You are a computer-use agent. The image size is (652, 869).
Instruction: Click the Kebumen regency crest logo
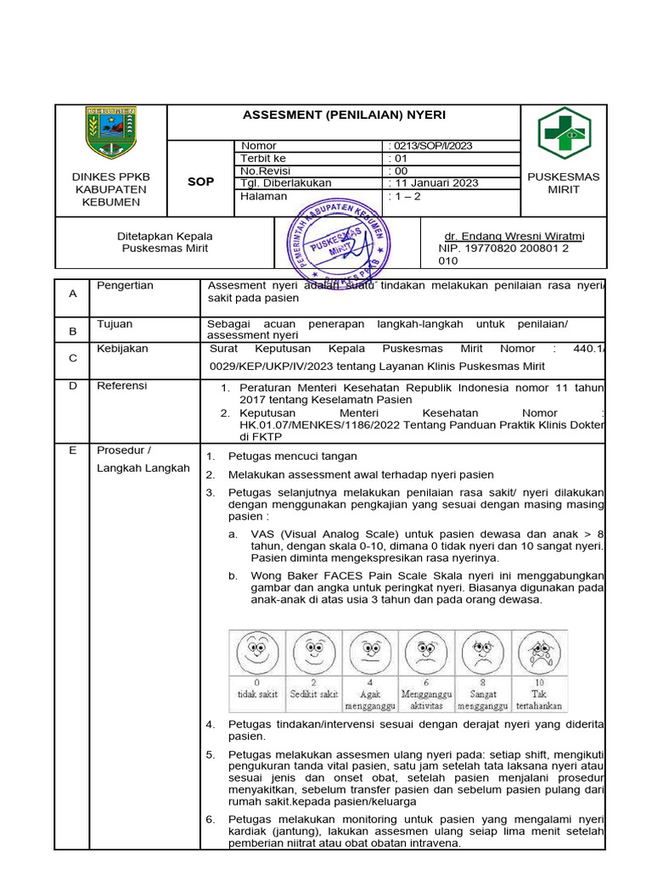pyautogui.click(x=111, y=133)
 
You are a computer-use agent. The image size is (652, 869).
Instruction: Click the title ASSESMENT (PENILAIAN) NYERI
pyautogui.click(x=344, y=115)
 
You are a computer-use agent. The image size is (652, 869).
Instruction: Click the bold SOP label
pyautogui.click(x=201, y=182)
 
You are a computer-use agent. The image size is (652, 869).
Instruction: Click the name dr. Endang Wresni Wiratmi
pyautogui.click(x=514, y=236)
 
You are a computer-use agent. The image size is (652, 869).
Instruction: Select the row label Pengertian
pyautogui.click(x=125, y=286)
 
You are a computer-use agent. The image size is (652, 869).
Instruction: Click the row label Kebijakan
pyautogui.click(x=122, y=349)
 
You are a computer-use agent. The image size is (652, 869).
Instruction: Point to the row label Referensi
pyautogui.click(x=121, y=386)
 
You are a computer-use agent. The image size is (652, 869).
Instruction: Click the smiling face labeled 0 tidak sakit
pyautogui.click(x=256, y=653)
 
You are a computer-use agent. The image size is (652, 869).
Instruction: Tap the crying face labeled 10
pyautogui.click(x=538, y=653)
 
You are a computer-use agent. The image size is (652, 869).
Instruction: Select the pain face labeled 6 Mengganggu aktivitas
pyautogui.click(x=425, y=653)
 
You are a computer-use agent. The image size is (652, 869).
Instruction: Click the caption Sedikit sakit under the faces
pyautogui.click(x=313, y=693)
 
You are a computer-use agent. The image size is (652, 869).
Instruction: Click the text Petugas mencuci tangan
pyautogui.click(x=292, y=457)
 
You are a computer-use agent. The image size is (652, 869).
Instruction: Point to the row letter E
pyautogui.click(x=73, y=451)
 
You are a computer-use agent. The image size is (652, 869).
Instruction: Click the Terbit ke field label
pyautogui.click(x=263, y=158)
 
